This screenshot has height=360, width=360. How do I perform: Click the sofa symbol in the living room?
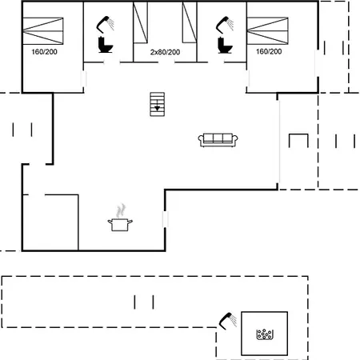[x=218, y=140]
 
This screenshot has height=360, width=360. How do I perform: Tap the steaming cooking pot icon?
[x=120, y=218]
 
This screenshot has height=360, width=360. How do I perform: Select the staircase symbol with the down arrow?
[x=157, y=104]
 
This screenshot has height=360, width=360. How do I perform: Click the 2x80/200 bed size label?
[x=165, y=52]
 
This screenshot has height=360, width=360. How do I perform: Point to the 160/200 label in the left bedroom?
[x=44, y=52]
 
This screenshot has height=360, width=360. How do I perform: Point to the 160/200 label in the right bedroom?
[x=269, y=51]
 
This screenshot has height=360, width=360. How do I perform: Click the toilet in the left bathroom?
[x=106, y=45]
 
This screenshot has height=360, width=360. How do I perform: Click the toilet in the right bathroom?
[x=225, y=46]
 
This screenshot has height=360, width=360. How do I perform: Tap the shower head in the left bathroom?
[x=105, y=25]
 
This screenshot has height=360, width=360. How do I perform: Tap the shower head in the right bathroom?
[x=225, y=25]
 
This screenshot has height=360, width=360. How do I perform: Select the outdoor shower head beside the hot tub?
[x=227, y=321]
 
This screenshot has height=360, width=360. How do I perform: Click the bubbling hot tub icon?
[x=265, y=334]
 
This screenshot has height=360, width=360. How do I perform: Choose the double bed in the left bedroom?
[x=43, y=31]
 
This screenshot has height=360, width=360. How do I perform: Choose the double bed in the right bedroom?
[x=268, y=30]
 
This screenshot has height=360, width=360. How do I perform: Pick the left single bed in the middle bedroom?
[x=140, y=22]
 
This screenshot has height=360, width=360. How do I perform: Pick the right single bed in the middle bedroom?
[x=190, y=22]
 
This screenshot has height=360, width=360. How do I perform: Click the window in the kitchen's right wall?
[x=166, y=219]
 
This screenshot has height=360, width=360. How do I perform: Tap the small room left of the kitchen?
[x=50, y=222]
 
